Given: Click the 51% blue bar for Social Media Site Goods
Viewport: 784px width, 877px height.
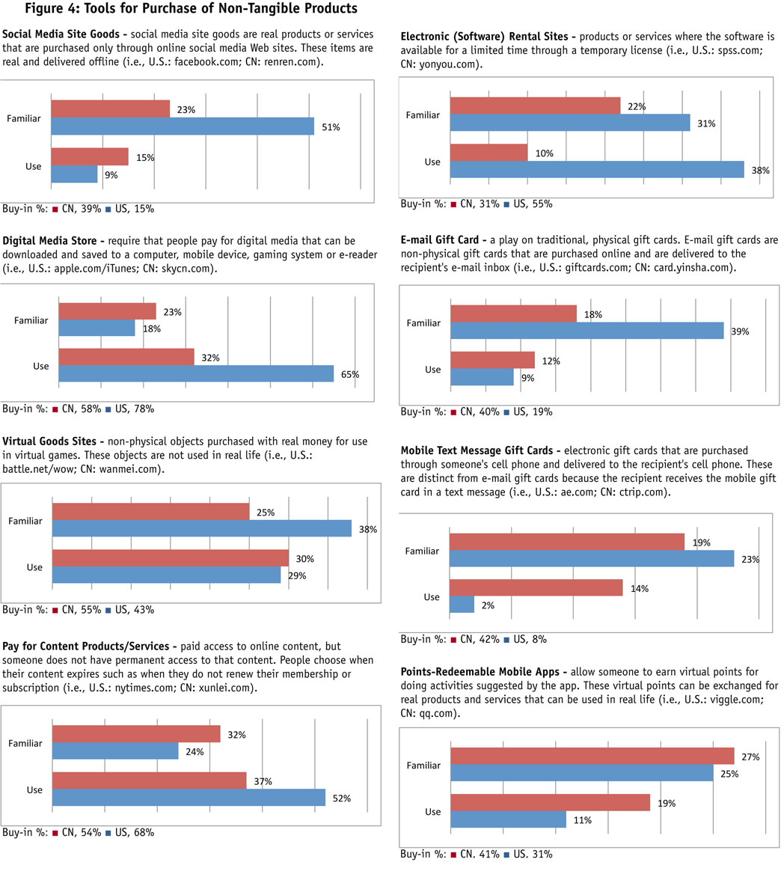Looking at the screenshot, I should [x=182, y=126].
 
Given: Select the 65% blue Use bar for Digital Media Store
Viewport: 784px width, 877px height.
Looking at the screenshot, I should [x=196, y=372].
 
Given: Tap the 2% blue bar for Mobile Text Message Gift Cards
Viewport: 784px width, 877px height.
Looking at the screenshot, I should [x=462, y=604].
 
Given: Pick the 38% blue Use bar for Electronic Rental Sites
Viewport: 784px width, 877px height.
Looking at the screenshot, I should [x=596, y=170].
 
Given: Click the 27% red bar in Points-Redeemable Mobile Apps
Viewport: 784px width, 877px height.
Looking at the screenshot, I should [x=592, y=757].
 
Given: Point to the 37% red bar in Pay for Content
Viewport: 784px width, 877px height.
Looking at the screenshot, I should [x=149, y=780].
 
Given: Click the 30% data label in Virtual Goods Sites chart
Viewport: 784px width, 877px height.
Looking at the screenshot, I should [x=304, y=559].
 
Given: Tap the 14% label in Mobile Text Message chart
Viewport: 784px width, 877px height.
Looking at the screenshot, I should [x=639, y=589].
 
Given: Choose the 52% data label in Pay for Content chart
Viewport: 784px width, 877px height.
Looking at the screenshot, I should [x=341, y=798].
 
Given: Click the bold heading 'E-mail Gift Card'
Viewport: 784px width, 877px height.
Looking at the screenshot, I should [x=442, y=241].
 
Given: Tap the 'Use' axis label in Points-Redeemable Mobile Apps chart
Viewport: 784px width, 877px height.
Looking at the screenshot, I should [x=432, y=811].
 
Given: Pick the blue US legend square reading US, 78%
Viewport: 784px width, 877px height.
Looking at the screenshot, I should [x=108, y=409].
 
